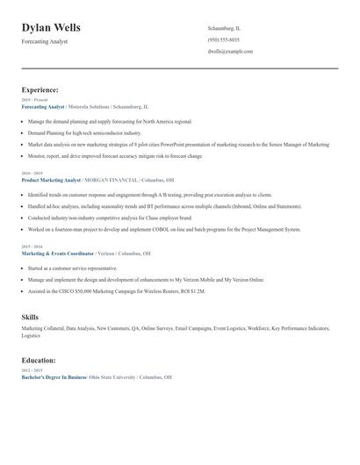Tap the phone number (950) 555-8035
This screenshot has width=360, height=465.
223,39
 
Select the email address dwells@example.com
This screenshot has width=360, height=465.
230,51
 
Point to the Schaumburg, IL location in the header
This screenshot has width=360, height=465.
224,28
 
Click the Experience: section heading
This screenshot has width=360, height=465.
40,89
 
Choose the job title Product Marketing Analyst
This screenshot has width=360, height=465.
50,179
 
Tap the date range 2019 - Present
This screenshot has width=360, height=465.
35,100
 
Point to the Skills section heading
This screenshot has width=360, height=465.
30,316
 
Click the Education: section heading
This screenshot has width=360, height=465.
39,360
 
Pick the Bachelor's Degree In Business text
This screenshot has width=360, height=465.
54,376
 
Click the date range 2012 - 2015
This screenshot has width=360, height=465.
32,370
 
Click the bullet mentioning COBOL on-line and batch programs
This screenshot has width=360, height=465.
164,229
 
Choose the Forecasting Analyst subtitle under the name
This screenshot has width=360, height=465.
45,41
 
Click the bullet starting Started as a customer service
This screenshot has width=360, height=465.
72,268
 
